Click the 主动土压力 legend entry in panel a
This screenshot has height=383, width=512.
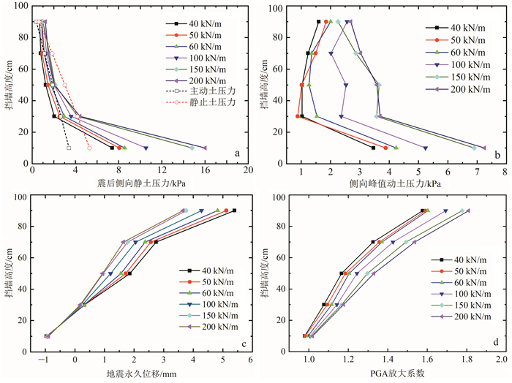(209, 91)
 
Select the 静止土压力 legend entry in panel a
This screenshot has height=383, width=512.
(209, 103)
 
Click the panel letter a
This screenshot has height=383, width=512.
(236, 153)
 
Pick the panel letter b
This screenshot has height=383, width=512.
(497, 153)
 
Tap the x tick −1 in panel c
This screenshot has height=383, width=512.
(45, 360)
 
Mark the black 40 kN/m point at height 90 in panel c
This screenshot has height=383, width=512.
(234, 211)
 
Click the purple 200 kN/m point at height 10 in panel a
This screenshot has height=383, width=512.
(205, 148)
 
